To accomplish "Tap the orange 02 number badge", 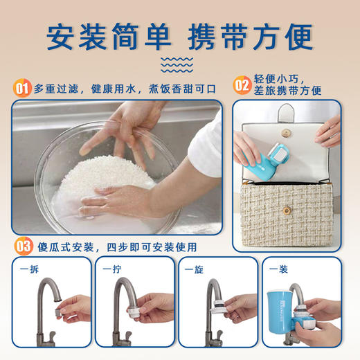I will (x=242, y=86).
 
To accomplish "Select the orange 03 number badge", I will (x=23, y=246).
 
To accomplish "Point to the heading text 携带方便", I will (x=255, y=37).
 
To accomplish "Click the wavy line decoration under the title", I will (x=179, y=65).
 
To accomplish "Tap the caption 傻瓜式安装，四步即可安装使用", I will (x=114, y=246).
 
